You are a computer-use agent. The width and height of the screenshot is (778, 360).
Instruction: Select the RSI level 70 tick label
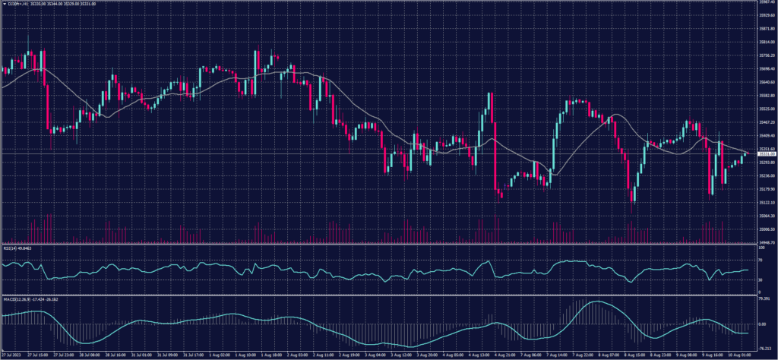tap(761, 260)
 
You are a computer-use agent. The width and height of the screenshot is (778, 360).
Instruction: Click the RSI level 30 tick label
tap(761, 280)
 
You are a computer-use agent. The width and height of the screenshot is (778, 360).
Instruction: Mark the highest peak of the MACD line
tap(597, 302)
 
